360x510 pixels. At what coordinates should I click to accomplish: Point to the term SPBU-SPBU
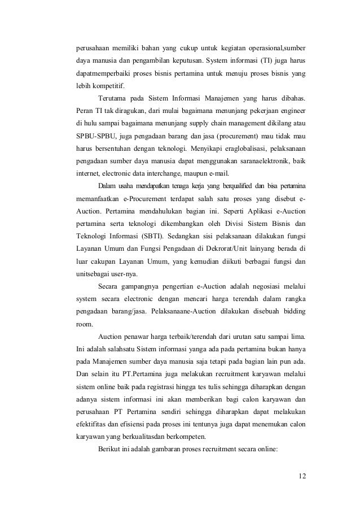[x=94, y=136]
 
